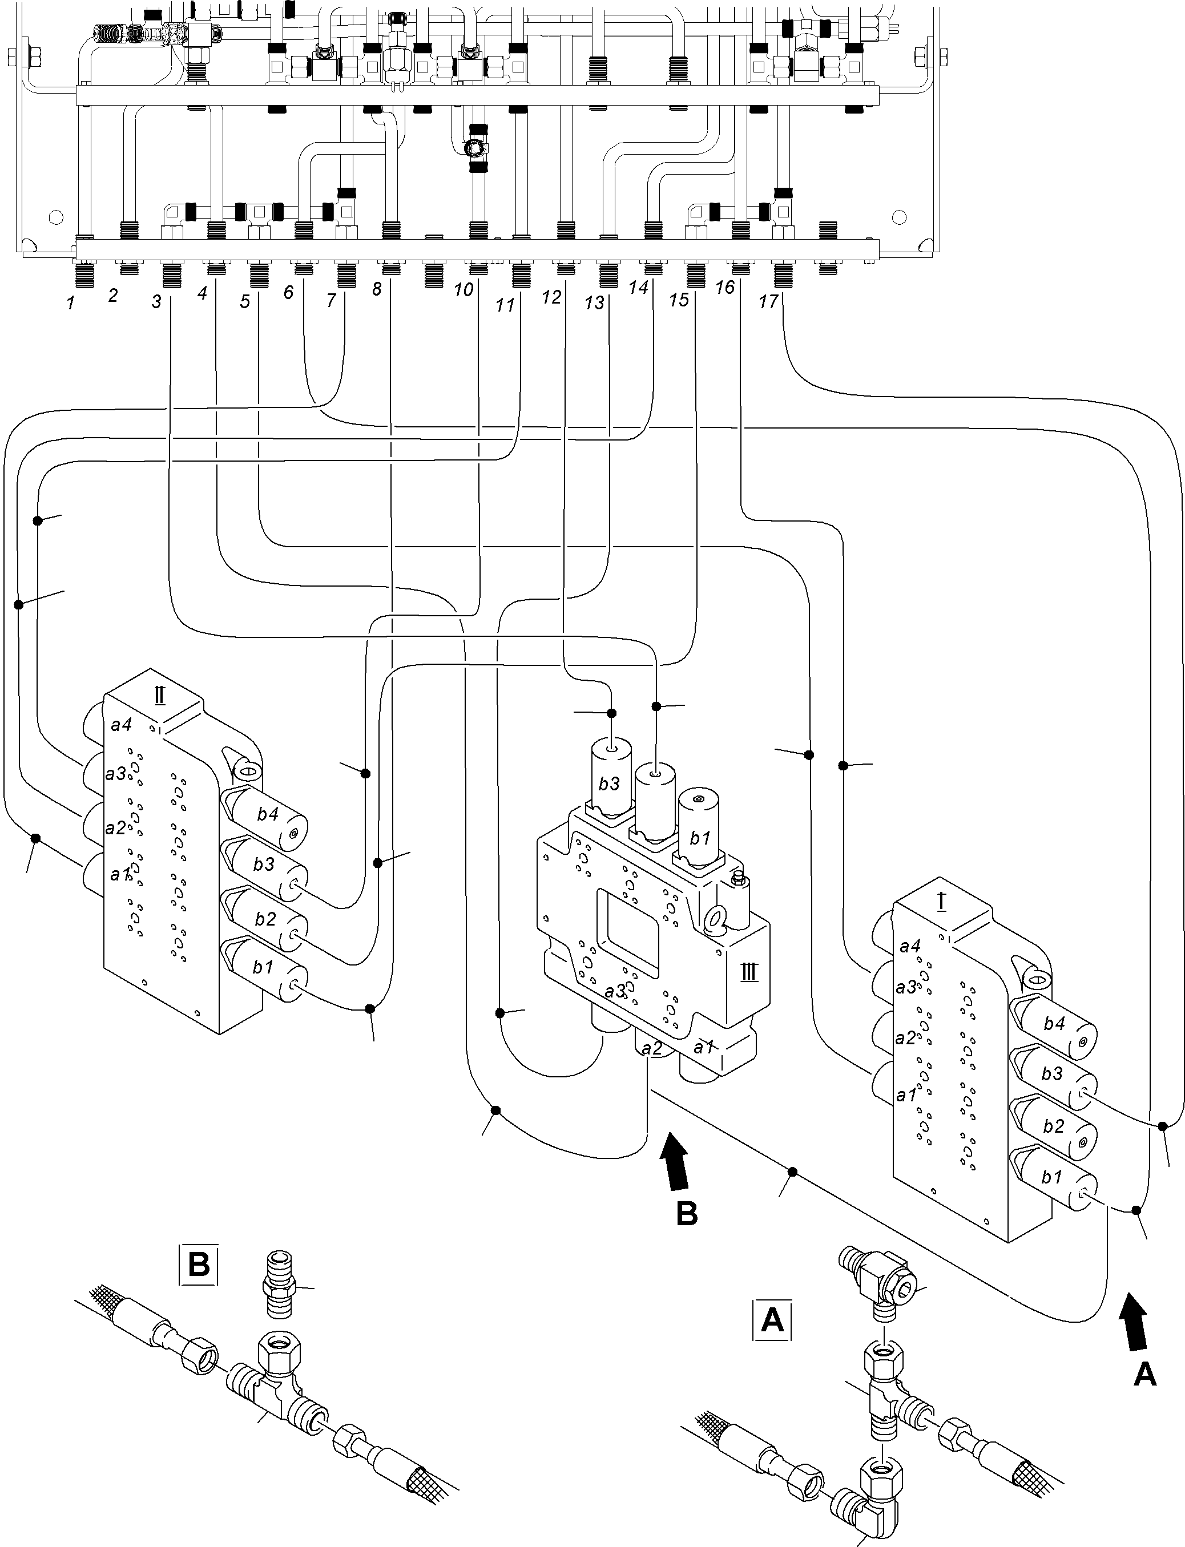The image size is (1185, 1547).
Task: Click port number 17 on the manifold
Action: point(768,302)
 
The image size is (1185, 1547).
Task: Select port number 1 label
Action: point(71,304)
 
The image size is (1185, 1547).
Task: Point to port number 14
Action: point(638,288)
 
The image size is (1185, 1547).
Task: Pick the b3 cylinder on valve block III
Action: point(610,783)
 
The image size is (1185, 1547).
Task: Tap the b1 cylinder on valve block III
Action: point(699,838)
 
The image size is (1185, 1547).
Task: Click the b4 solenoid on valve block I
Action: point(1054,1024)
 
